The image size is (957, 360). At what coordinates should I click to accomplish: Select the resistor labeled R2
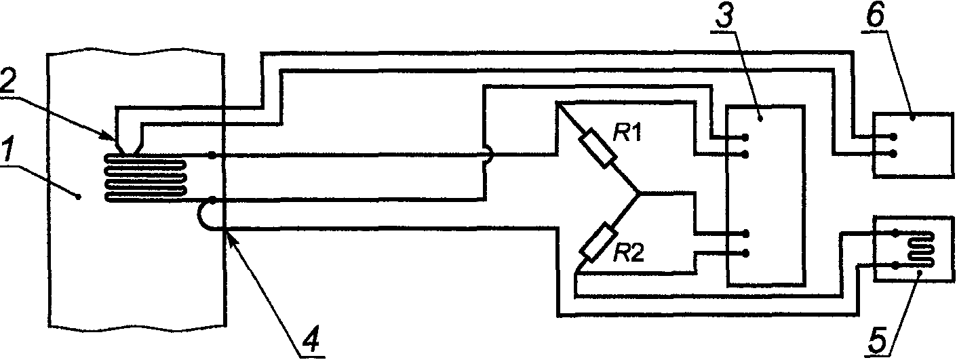(x=597, y=242)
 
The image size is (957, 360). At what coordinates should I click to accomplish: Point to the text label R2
(x=627, y=255)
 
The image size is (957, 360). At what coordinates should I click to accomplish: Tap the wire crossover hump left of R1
(x=487, y=155)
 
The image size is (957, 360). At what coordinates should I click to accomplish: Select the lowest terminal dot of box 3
(x=745, y=253)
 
